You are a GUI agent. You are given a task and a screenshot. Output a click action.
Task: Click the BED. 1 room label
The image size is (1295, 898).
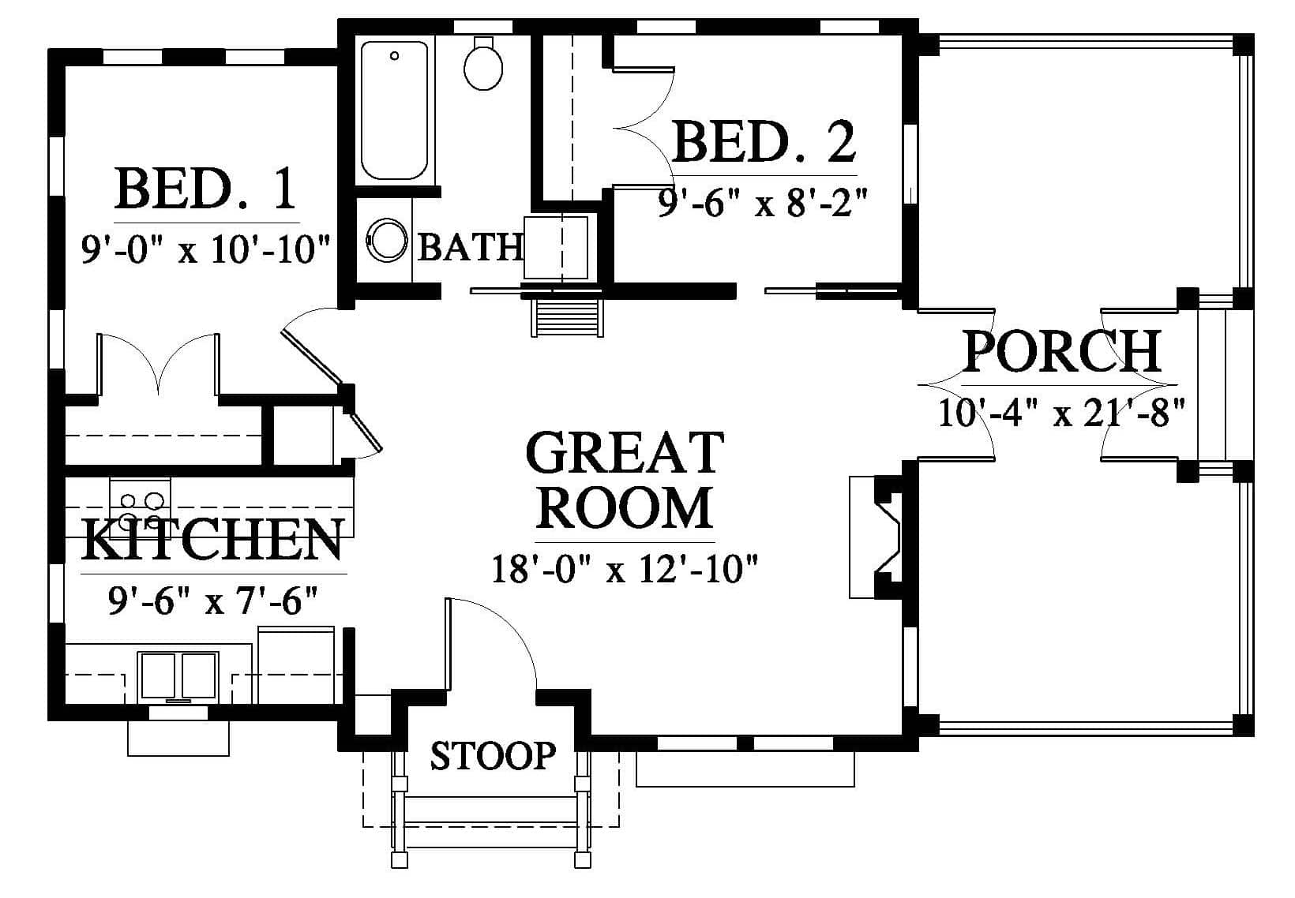(x=206, y=189)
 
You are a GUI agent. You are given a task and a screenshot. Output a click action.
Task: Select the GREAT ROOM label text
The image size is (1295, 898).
(x=625, y=481)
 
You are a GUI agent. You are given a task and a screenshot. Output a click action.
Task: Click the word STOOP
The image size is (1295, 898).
(x=494, y=756)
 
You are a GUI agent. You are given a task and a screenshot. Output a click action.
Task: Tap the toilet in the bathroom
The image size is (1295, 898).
(x=483, y=64)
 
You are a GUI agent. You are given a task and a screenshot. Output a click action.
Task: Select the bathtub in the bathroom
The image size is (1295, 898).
(x=394, y=110)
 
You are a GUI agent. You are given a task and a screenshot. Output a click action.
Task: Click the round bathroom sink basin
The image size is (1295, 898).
(x=386, y=240)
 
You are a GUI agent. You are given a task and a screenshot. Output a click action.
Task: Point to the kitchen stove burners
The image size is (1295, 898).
(x=141, y=511)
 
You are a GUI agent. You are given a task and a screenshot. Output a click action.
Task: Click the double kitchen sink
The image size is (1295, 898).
(x=178, y=675)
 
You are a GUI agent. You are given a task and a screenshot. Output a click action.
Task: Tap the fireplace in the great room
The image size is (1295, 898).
(x=875, y=537)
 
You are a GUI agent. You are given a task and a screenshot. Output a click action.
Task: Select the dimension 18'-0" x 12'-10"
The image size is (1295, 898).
(x=625, y=569)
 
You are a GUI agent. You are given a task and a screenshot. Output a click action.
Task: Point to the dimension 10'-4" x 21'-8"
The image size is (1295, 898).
(x=1062, y=413)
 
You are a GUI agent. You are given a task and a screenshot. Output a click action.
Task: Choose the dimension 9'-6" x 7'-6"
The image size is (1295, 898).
(x=212, y=601)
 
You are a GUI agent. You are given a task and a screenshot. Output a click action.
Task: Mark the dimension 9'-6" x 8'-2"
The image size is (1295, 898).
(x=763, y=203)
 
